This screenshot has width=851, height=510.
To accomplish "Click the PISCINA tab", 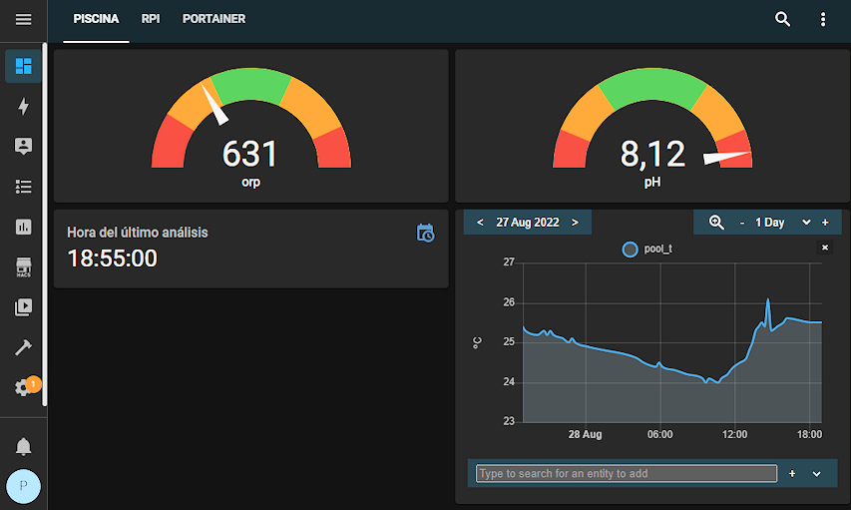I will coord(96,19).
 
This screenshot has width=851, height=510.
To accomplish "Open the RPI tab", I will coord(151,19).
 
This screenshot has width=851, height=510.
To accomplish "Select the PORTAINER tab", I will coord(213,19).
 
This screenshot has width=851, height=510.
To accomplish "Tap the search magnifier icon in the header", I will coord(783,19).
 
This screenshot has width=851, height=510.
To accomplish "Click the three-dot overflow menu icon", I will coord(823,19).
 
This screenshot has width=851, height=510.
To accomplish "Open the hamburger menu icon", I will coord(23,19).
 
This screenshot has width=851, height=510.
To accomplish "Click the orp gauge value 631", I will coord(249,154).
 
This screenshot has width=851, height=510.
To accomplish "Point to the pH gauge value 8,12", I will coord(652,154).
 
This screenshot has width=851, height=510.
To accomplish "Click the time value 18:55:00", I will coord(112,258).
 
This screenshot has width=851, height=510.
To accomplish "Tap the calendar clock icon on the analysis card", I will coord(425,233).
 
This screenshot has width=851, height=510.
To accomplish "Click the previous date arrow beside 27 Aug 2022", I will coord(481,223).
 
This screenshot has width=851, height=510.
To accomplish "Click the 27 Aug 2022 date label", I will coord(528,223).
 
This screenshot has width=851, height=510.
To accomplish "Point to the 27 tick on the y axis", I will coord(509,262).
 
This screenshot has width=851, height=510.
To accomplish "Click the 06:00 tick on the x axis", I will coord(659,434).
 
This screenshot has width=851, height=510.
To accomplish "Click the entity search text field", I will coord(626,473).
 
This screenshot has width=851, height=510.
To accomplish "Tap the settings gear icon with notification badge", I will coord(23,387).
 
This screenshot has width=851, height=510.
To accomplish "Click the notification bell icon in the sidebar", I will coord(23,446).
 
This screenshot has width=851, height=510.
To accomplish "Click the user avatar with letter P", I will coord(23,486).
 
